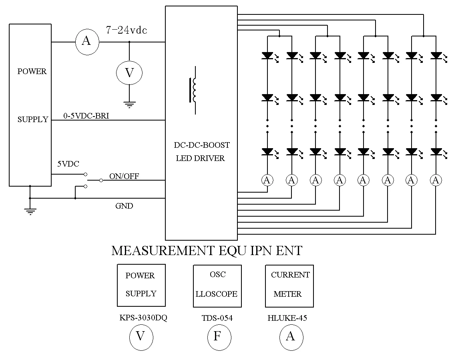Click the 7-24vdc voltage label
pos(126,30)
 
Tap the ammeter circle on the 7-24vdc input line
pos(87,42)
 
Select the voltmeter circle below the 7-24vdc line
pos(129,72)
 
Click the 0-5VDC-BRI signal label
pos(86,116)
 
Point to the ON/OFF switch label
pos(124,176)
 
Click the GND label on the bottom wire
pos(124,206)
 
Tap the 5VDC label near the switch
pos(68,164)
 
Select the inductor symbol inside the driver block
pos(194,90)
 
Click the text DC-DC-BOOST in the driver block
pos(202,145)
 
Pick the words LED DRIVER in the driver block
pos(200,158)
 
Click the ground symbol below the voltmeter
pos(129,105)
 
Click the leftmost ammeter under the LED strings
pos(267,181)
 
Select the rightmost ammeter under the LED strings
pos(436,181)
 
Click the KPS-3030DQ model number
pos(143,318)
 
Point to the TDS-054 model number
pos(217,318)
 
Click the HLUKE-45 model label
pos(287,318)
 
